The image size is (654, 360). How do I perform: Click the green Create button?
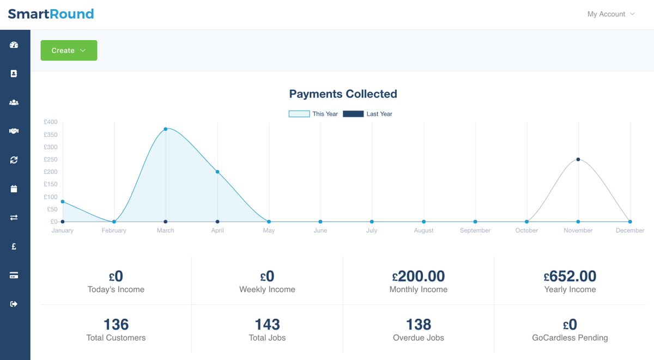pos(69,51)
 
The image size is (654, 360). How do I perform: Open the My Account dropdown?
pos(611,14)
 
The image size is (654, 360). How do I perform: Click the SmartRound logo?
pos(51,14)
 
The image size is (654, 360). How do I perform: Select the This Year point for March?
pos(166,129)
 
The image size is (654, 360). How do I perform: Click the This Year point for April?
pos(217,172)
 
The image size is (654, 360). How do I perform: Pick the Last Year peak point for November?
pos(578,159)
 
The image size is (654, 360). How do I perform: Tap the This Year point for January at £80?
pos(63,202)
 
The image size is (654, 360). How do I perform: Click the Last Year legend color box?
pos(353,114)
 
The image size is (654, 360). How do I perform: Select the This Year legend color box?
pos(299,114)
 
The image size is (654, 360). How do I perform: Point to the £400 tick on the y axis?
pos(51,122)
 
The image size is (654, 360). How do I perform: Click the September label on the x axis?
pos(475,230)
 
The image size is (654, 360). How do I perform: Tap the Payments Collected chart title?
pos(343,94)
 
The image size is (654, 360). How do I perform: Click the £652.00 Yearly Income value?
pos(570,276)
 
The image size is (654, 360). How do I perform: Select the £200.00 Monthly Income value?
pos(419,276)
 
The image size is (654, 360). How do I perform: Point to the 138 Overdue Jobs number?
pos(419,325)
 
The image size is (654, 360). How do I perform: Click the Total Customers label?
pos(116,338)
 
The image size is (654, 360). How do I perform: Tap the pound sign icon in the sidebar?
pos(14,247)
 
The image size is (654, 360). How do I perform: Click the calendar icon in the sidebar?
pos(14,189)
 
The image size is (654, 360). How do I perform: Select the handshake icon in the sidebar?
pos(14,131)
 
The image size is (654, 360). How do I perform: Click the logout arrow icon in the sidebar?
pos(14,304)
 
